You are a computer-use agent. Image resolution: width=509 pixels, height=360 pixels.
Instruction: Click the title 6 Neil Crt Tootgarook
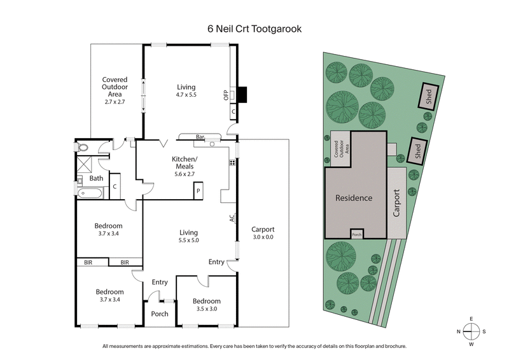point(254,28)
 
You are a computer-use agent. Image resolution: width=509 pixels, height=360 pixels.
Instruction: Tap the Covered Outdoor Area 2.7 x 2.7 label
point(115,90)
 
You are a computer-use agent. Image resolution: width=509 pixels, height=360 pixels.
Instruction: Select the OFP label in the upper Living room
point(226,95)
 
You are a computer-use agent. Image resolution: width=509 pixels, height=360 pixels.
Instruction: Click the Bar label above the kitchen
point(199,137)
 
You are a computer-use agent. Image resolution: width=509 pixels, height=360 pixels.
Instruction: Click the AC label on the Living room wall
point(233,218)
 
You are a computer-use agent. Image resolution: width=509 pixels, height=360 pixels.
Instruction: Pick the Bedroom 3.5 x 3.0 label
point(207,305)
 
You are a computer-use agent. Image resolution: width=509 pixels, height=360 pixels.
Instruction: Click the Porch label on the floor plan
point(159,314)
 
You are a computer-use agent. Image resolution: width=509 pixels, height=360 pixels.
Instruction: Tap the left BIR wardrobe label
point(88,262)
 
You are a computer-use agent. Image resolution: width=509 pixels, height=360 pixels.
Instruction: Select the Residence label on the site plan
point(354,198)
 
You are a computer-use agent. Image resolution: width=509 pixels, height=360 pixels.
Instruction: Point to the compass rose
point(471,331)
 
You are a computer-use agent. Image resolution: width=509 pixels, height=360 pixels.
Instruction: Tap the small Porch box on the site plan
point(357,234)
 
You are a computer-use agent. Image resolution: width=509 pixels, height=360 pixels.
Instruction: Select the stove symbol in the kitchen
point(233,163)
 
